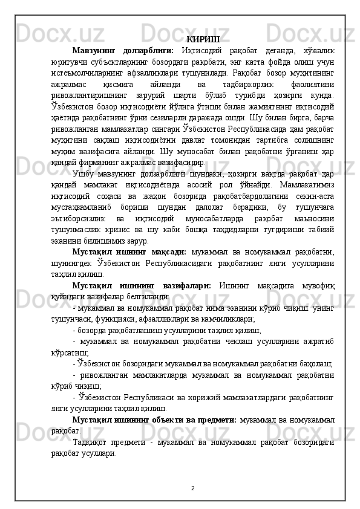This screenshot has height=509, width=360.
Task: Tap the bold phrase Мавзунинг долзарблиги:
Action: click(x=122, y=50)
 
